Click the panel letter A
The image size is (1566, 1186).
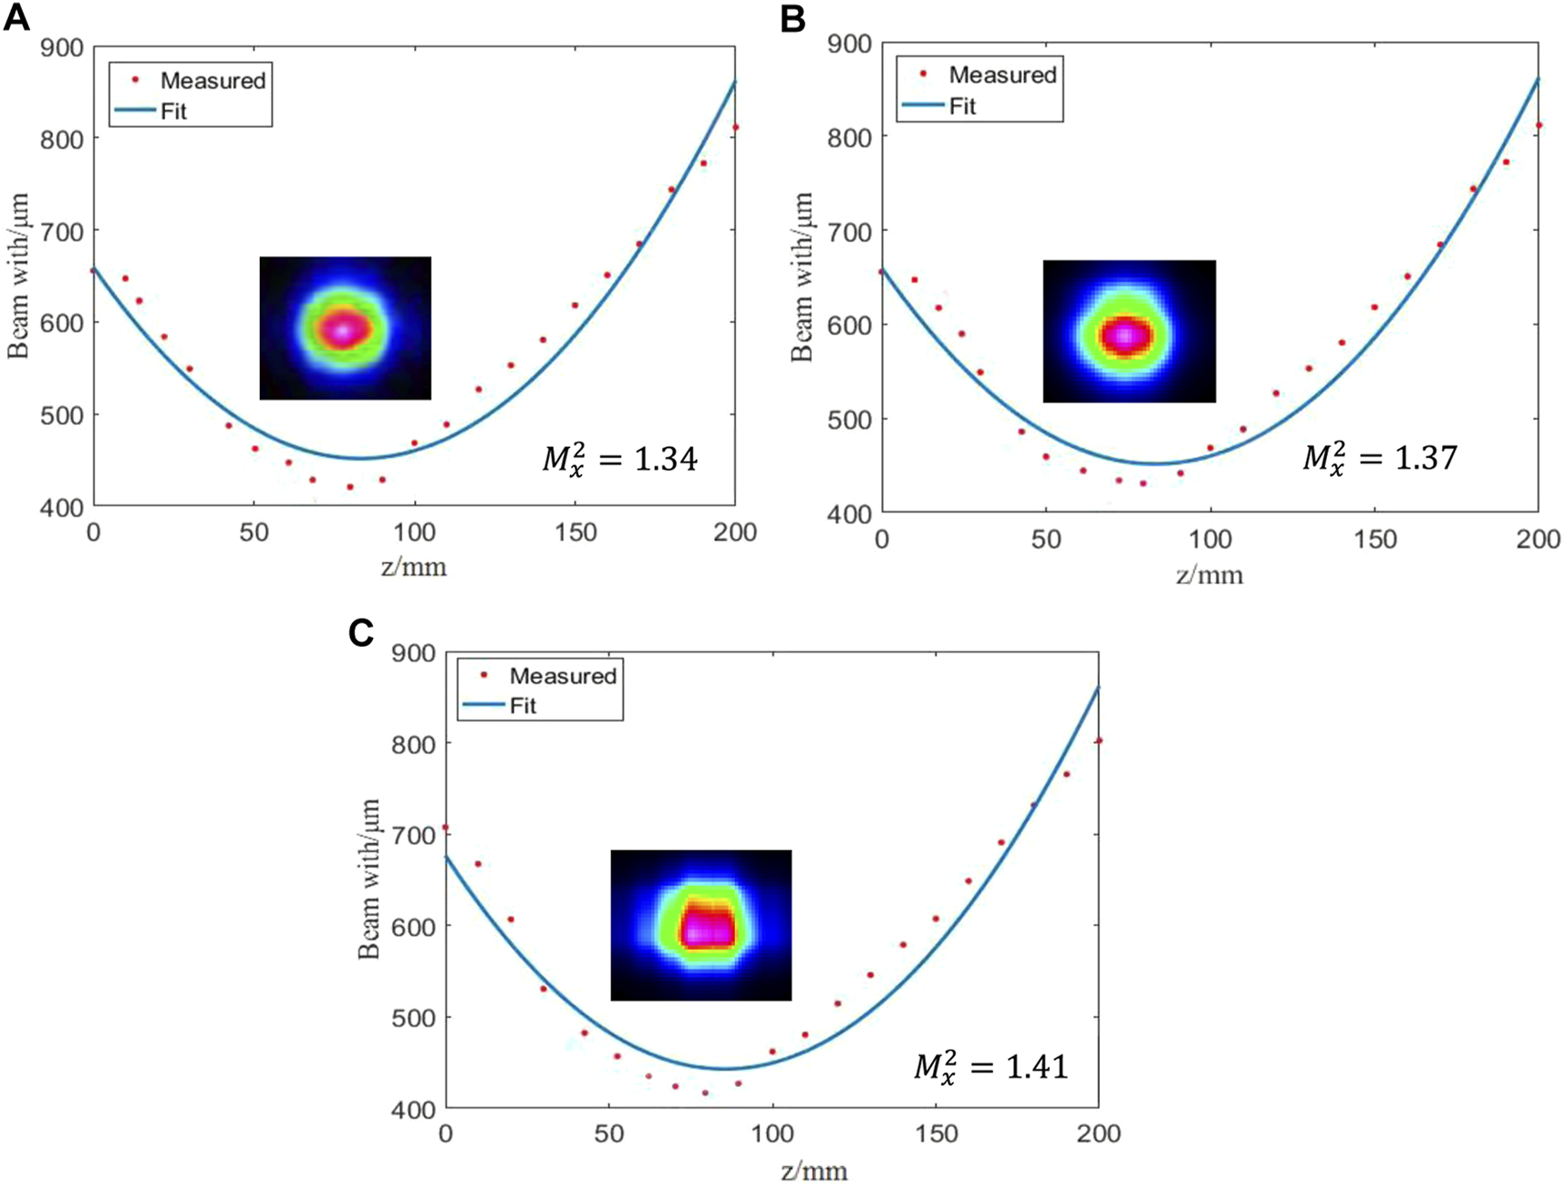tap(16, 17)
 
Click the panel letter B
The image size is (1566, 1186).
tap(793, 19)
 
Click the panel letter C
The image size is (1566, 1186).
tap(361, 632)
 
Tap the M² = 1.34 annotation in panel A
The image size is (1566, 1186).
tap(620, 458)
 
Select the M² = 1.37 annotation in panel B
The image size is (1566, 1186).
tap(1380, 456)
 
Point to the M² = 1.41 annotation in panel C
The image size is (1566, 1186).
tap(991, 1066)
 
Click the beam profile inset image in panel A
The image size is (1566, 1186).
tap(345, 328)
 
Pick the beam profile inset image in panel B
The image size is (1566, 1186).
tap(1129, 331)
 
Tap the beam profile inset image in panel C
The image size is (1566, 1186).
tap(700, 925)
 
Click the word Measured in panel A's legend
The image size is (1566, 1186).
tap(213, 80)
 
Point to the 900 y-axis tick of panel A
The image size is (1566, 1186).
tap(61, 47)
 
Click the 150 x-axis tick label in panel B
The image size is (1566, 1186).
tap(1374, 539)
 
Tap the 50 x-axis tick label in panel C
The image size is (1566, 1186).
tap(608, 1133)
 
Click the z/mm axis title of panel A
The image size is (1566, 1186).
tap(414, 567)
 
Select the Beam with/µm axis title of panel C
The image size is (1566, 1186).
tap(368, 879)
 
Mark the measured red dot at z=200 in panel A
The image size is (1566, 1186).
tap(735, 128)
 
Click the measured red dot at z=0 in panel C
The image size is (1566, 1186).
tap(445, 827)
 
